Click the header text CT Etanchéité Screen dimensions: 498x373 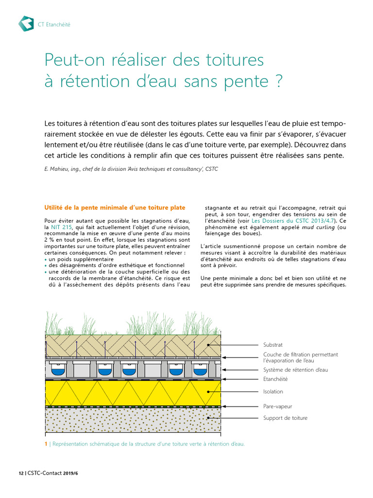coord(54,24)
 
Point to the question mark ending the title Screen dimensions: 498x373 coord(278,81)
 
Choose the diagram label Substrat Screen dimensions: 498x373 coord(273,345)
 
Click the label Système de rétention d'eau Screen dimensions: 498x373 coord(295,370)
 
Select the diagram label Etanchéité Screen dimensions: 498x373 coord(275,379)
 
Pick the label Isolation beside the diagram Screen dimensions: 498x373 coord(273,391)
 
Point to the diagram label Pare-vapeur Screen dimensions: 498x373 coord(277,406)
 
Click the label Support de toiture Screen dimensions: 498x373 coord(285,418)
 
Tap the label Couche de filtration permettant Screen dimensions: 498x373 coord(300,355)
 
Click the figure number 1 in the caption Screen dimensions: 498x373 coord(46,444)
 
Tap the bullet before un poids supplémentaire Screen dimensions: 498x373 coord(46,260)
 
